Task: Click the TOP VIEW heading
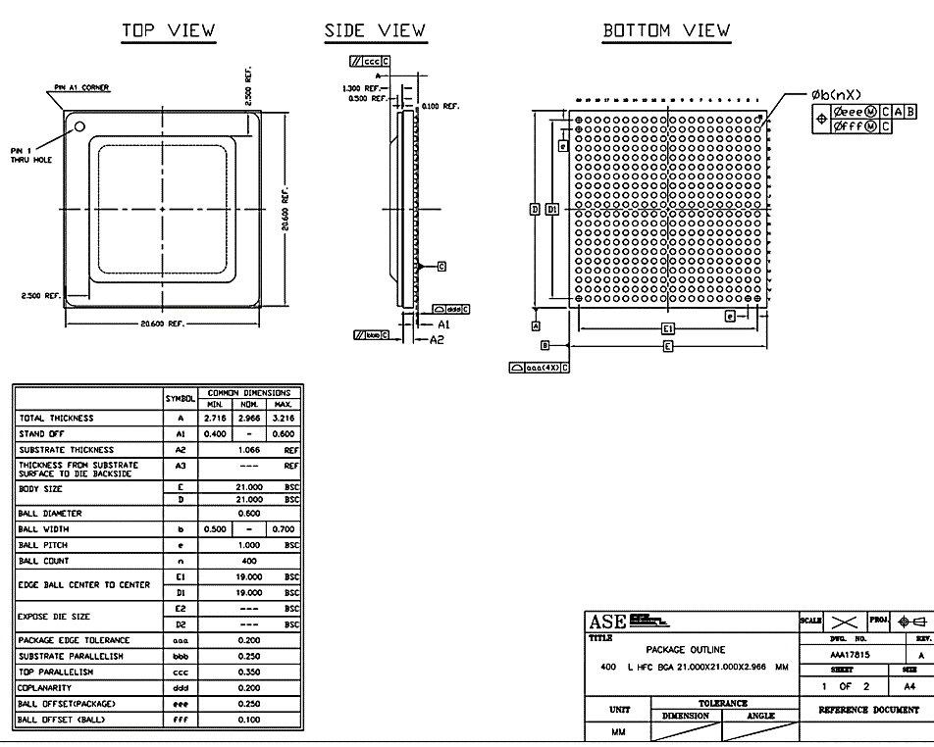tap(168, 30)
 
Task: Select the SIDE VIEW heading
tap(375, 30)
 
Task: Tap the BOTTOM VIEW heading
tap(666, 30)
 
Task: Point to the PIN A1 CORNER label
tap(81, 87)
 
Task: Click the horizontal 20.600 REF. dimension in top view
tap(162, 324)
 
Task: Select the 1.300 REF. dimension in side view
tap(358, 88)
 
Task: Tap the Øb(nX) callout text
tap(836, 94)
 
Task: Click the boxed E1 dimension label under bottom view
tap(668, 328)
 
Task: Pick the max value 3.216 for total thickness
tap(284, 419)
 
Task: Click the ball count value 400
tap(250, 561)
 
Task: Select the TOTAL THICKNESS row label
tap(56, 419)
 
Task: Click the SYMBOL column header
tap(181, 399)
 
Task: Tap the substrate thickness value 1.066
tap(250, 450)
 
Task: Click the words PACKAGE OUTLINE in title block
tap(686, 650)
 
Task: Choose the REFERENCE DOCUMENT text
tap(866, 710)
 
